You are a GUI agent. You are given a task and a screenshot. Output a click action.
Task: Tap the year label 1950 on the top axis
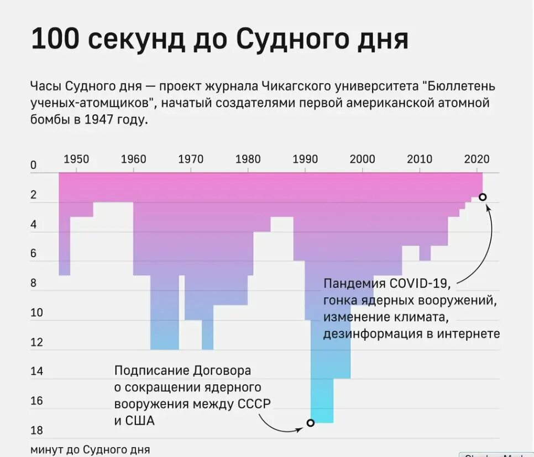point(76,160)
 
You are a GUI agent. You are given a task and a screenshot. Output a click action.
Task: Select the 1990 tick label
point(305,160)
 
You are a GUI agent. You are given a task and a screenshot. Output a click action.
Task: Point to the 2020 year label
point(477,160)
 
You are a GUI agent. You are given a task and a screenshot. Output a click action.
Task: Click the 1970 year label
point(191,160)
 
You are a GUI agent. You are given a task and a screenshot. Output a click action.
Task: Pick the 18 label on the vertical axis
point(36,431)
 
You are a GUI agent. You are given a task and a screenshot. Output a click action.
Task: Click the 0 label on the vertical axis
point(34,165)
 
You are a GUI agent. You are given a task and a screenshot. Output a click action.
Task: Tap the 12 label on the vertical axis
point(36,342)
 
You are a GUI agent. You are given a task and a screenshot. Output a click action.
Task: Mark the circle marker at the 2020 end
point(483,197)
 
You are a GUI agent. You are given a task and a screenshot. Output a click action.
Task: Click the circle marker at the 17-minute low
point(310,423)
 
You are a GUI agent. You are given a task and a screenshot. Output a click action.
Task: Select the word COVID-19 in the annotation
point(421,284)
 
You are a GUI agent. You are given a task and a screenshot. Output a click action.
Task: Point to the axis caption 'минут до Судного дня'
point(90,449)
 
